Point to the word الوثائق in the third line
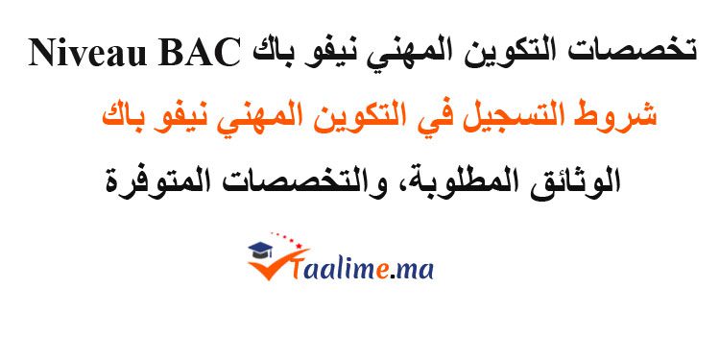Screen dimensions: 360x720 click(580, 179)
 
